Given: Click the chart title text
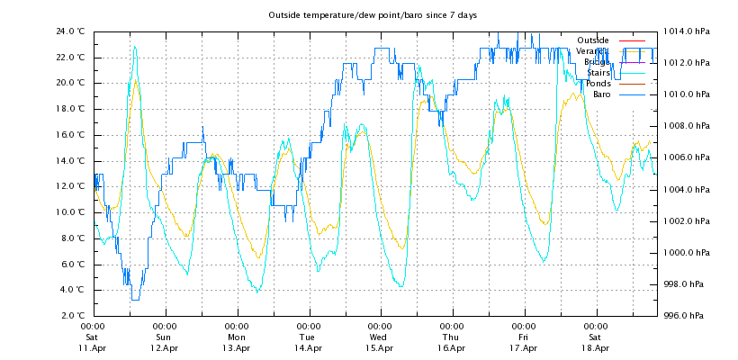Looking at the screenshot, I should pos(373,15).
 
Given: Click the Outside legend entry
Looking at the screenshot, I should pos(592,40).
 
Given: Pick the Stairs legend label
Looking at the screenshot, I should pos(598,73).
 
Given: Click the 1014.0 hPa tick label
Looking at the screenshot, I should pos(687,31).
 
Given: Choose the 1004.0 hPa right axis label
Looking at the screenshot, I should pos(687,189).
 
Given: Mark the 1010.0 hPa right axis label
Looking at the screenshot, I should pos(687,94).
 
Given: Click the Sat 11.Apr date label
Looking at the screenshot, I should pos(93,337).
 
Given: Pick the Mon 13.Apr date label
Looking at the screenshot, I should pos(237,337).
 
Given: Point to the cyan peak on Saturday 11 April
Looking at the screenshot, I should pos(135,47).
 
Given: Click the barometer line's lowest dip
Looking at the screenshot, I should pos(135,299).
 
